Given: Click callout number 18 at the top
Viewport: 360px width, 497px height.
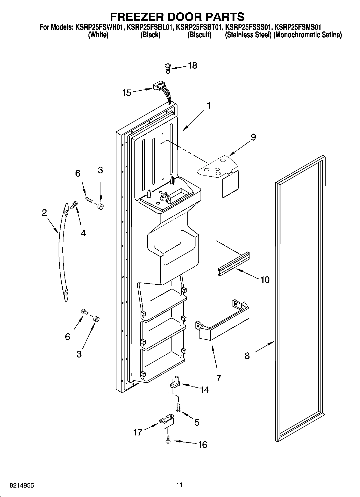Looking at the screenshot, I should click(x=193, y=65).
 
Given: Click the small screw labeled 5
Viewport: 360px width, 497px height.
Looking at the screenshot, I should click(x=178, y=408).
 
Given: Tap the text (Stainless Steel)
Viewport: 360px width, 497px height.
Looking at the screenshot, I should click(x=248, y=35).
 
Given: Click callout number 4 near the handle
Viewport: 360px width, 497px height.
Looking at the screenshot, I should click(x=83, y=233).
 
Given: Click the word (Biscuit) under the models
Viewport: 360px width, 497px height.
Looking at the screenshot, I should click(x=199, y=35).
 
